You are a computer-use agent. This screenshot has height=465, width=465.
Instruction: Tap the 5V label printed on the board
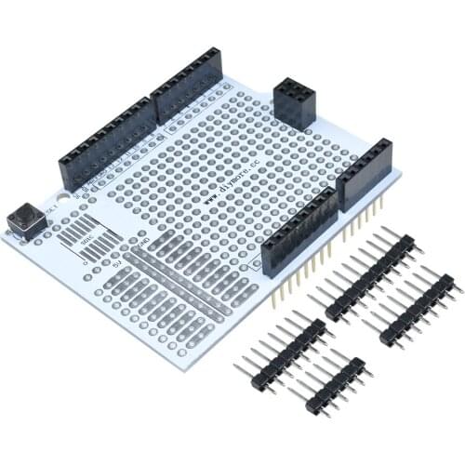point(117,263)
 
